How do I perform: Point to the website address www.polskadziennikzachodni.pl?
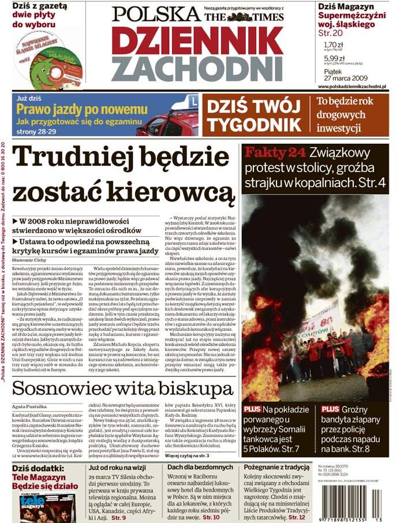tap(351, 86)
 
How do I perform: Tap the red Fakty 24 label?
tap(274, 153)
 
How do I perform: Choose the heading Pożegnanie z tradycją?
tap(279, 467)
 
